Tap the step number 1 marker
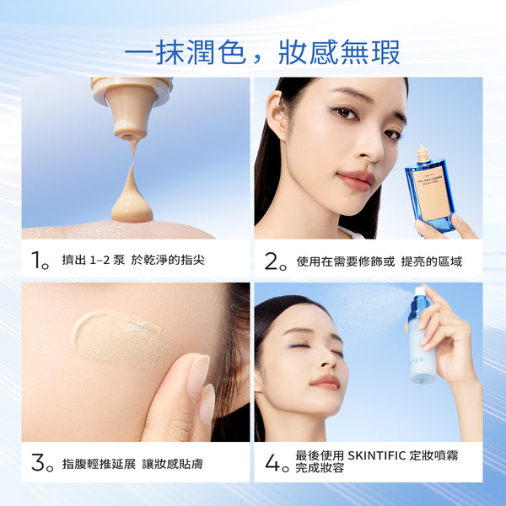click(40, 261)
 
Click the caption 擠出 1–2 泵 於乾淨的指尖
click(133, 261)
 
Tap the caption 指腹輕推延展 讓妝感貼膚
click(132, 464)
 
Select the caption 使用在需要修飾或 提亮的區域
click(379, 261)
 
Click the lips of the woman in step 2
click(356, 180)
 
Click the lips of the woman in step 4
click(325, 381)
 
